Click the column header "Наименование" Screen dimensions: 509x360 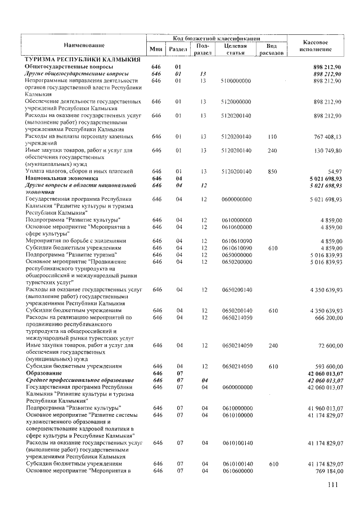pos(84,44)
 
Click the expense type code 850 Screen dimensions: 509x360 pos(272,171)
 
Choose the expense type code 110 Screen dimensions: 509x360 pos(272,137)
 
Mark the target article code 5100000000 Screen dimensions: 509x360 pos(236,81)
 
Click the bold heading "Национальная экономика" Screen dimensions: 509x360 pos(61,178)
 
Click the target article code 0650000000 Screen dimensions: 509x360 pos(236,255)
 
